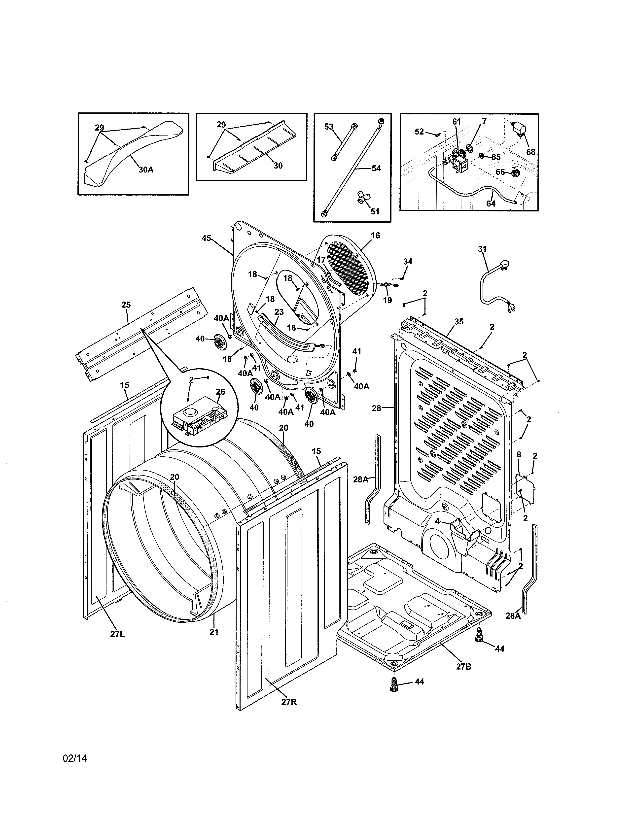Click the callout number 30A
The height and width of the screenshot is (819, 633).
click(146, 170)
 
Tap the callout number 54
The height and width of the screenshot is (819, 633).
click(376, 168)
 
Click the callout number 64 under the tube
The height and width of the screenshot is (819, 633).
click(491, 203)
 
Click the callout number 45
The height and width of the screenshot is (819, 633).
click(206, 238)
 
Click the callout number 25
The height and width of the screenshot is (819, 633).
click(126, 305)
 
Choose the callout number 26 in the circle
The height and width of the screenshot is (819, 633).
click(220, 391)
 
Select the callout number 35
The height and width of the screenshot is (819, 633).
click(459, 321)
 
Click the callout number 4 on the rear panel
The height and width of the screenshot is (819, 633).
click(437, 521)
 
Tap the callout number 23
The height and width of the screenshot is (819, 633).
click(279, 312)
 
